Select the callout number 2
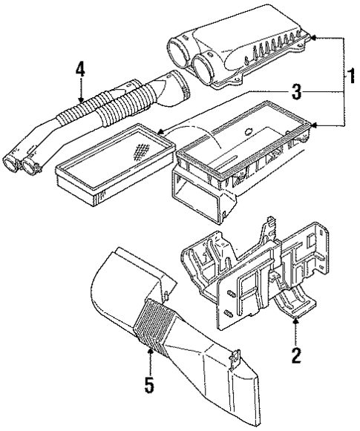coord(295,355)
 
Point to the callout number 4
coord(80,72)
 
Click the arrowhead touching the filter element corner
coord(160,134)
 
